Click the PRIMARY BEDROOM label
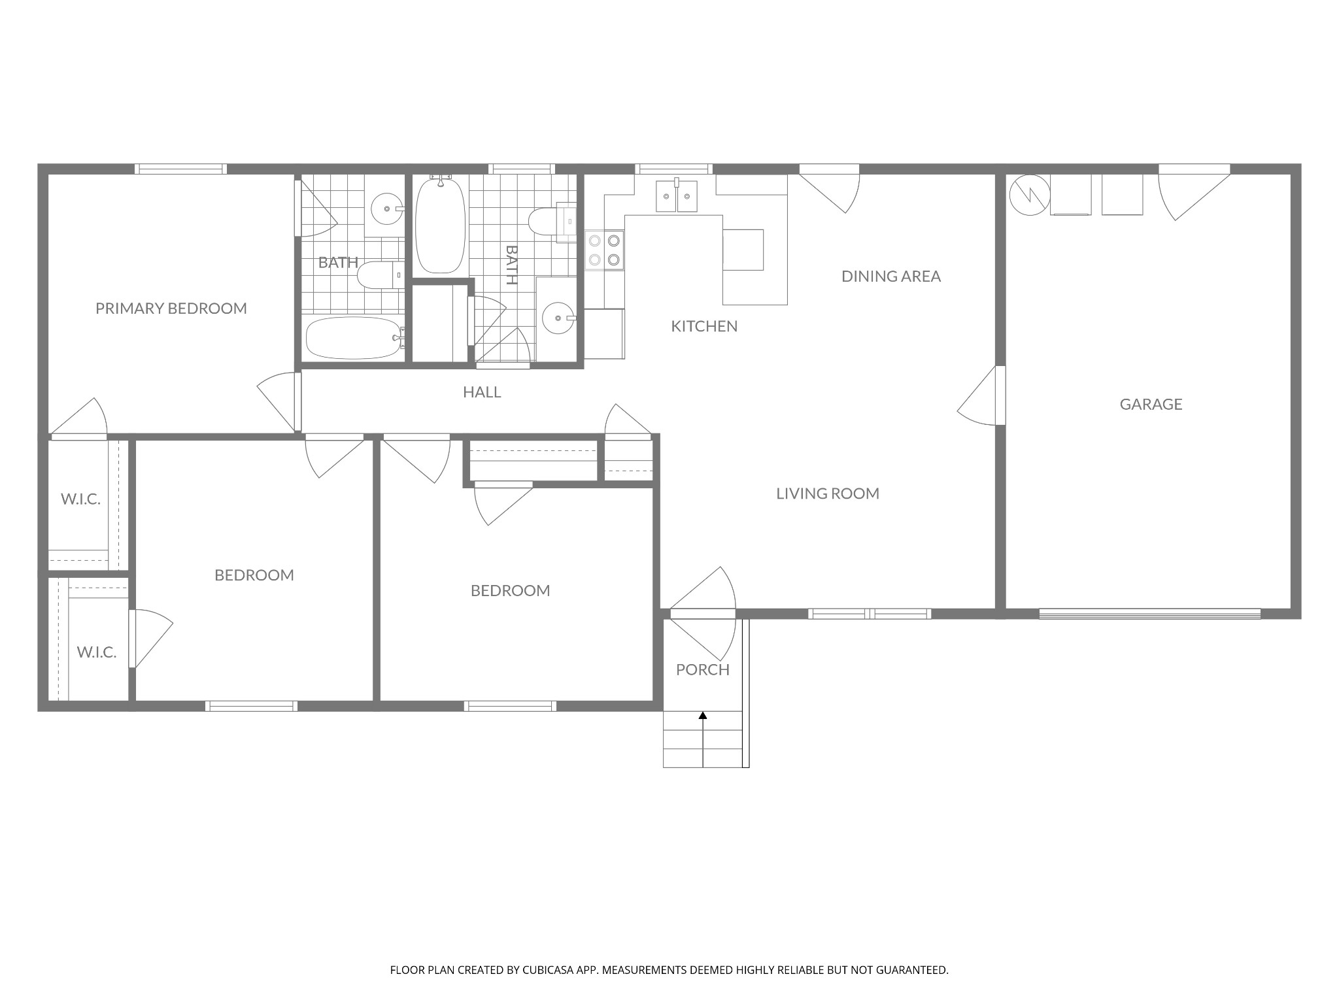pos(171,308)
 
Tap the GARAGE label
pos(1151,404)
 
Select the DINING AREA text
pos(891,276)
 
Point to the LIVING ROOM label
pos(828,494)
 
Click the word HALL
pos(482,392)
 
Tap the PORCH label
pos(703,669)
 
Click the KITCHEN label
pos(704,326)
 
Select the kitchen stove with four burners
pos(604,250)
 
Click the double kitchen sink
pos(677,196)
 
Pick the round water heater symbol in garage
pos(1030,194)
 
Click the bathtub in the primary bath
pos(353,338)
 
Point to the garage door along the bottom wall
pos(1149,614)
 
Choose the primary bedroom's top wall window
pos(181,169)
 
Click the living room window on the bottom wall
pos(870,614)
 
